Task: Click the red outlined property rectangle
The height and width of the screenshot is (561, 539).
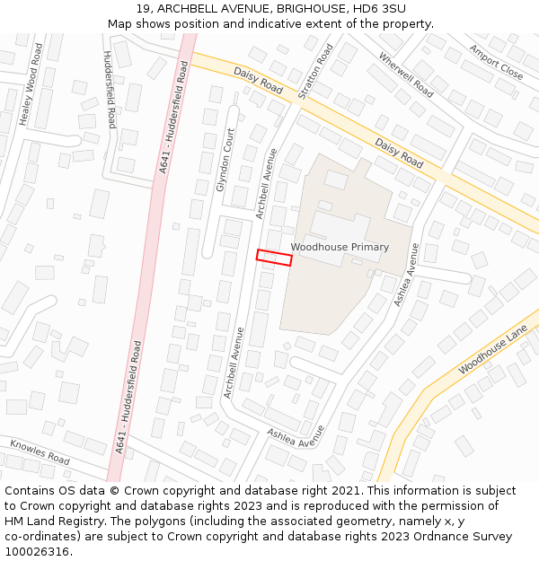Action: [x=274, y=258]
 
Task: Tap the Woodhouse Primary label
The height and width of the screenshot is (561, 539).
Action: [x=340, y=247]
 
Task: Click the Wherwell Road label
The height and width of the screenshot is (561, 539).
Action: [x=405, y=75]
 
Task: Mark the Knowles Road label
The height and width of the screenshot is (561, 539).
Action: [x=40, y=451]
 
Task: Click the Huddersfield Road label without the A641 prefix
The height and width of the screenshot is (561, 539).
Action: [x=108, y=89]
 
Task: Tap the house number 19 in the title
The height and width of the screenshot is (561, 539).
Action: [x=143, y=8]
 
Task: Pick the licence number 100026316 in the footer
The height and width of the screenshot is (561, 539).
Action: [x=38, y=551]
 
